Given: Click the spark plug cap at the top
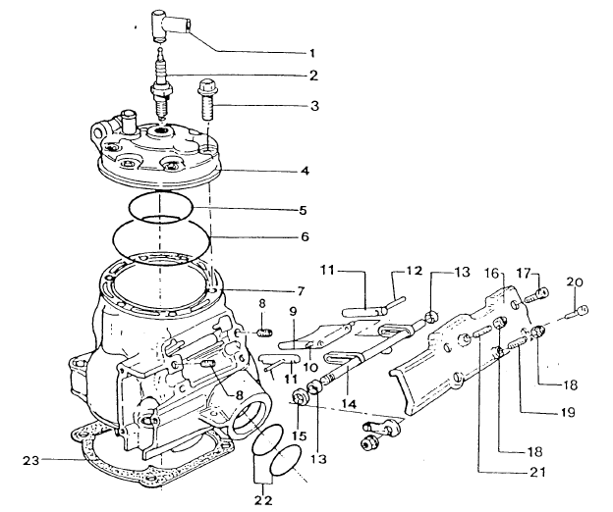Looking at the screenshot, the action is pos(169,25).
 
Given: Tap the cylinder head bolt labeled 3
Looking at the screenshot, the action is pos(205,100).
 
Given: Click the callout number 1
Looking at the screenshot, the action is pos(312,53).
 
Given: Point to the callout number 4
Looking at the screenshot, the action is pos(305,171).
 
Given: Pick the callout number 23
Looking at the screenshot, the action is pos(30,461).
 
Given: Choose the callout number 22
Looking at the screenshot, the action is pos(263,500).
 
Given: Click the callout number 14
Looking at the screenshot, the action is pos(349,404).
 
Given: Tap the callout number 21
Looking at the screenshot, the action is pos(536,472).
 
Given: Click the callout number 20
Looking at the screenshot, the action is pos(575,282).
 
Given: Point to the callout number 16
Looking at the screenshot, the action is pos(492,273).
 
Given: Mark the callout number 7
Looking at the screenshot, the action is pos(306,291).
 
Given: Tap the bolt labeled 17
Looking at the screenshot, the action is pos(537,296).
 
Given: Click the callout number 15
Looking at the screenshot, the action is pos(299,435).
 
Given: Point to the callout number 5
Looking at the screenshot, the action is pos(303,211).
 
